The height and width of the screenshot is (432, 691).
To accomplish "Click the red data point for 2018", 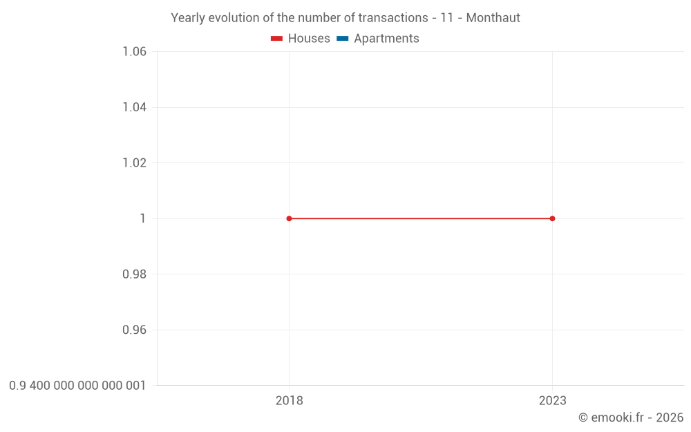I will pyautogui.click(x=289, y=218).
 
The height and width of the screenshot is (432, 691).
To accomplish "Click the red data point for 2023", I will pyautogui.click(x=552, y=218).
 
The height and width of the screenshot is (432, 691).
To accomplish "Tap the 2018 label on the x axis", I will pyautogui.click(x=289, y=400).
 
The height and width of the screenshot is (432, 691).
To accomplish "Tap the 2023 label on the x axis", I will pyautogui.click(x=552, y=400).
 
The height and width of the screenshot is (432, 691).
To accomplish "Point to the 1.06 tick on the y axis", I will pyautogui.click(x=134, y=52).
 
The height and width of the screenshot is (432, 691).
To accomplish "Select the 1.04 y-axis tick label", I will pyautogui.click(x=134, y=107).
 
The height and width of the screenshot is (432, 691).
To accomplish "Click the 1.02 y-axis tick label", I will pyautogui.click(x=134, y=163).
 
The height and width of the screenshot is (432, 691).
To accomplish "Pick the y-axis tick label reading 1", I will pyautogui.click(x=142, y=218).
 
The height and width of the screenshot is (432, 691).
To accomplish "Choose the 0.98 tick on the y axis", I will pyautogui.click(x=134, y=274).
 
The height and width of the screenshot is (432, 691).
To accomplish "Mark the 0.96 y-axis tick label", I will pyautogui.click(x=134, y=330).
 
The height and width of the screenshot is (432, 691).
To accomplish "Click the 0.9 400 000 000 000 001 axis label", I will pyautogui.click(x=77, y=385).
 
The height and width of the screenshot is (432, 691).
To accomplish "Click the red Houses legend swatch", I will pyautogui.click(x=277, y=39).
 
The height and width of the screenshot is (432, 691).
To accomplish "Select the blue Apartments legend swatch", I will pyautogui.click(x=343, y=39).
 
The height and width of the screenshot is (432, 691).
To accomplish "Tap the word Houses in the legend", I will pyautogui.click(x=309, y=39).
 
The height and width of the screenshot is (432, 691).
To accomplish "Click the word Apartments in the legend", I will pyautogui.click(x=386, y=39).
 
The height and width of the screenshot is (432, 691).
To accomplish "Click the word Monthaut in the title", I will pyautogui.click(x=493, y=18).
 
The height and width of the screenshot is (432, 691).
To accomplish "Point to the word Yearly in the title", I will pyautogui.click(x=188, y=18).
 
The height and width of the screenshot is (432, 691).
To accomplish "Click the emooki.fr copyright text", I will pyautogui.click(x=630, y=417).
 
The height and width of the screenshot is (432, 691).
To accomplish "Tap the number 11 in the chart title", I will pyautogui.click(x=446, y=18).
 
